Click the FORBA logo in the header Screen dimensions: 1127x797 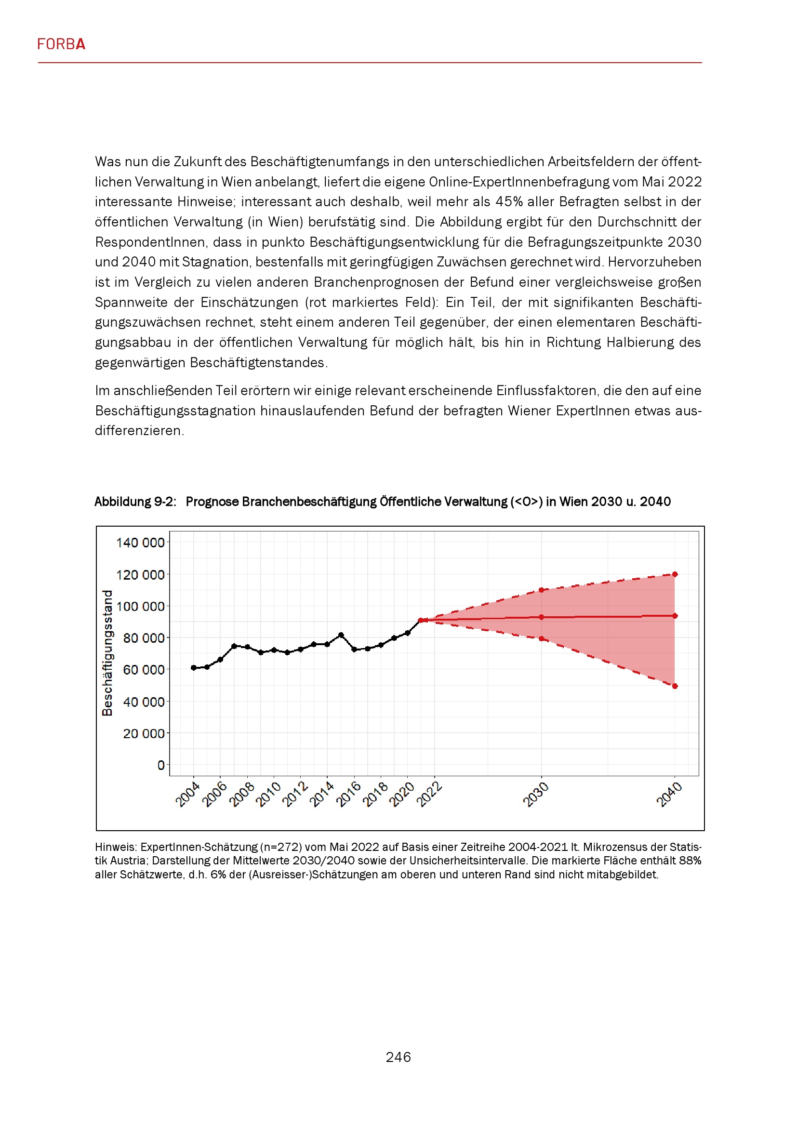61,44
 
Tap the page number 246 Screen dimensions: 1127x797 398,1057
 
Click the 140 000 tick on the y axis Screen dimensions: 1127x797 140,543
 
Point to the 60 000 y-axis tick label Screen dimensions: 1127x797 143,670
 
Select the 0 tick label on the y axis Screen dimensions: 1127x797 161,765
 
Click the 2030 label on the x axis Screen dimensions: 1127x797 535,795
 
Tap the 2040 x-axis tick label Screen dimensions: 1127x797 669,795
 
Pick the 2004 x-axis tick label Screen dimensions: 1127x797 187,795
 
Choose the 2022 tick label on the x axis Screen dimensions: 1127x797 429,795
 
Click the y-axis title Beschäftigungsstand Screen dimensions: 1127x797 107,653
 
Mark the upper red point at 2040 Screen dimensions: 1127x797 675,574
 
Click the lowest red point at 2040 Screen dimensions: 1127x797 675,686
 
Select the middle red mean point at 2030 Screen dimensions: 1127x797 541,617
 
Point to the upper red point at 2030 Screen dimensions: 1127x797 541,590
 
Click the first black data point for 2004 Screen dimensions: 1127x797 193,667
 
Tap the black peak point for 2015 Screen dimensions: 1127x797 341,635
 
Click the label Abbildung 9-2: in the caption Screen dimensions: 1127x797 135,502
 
